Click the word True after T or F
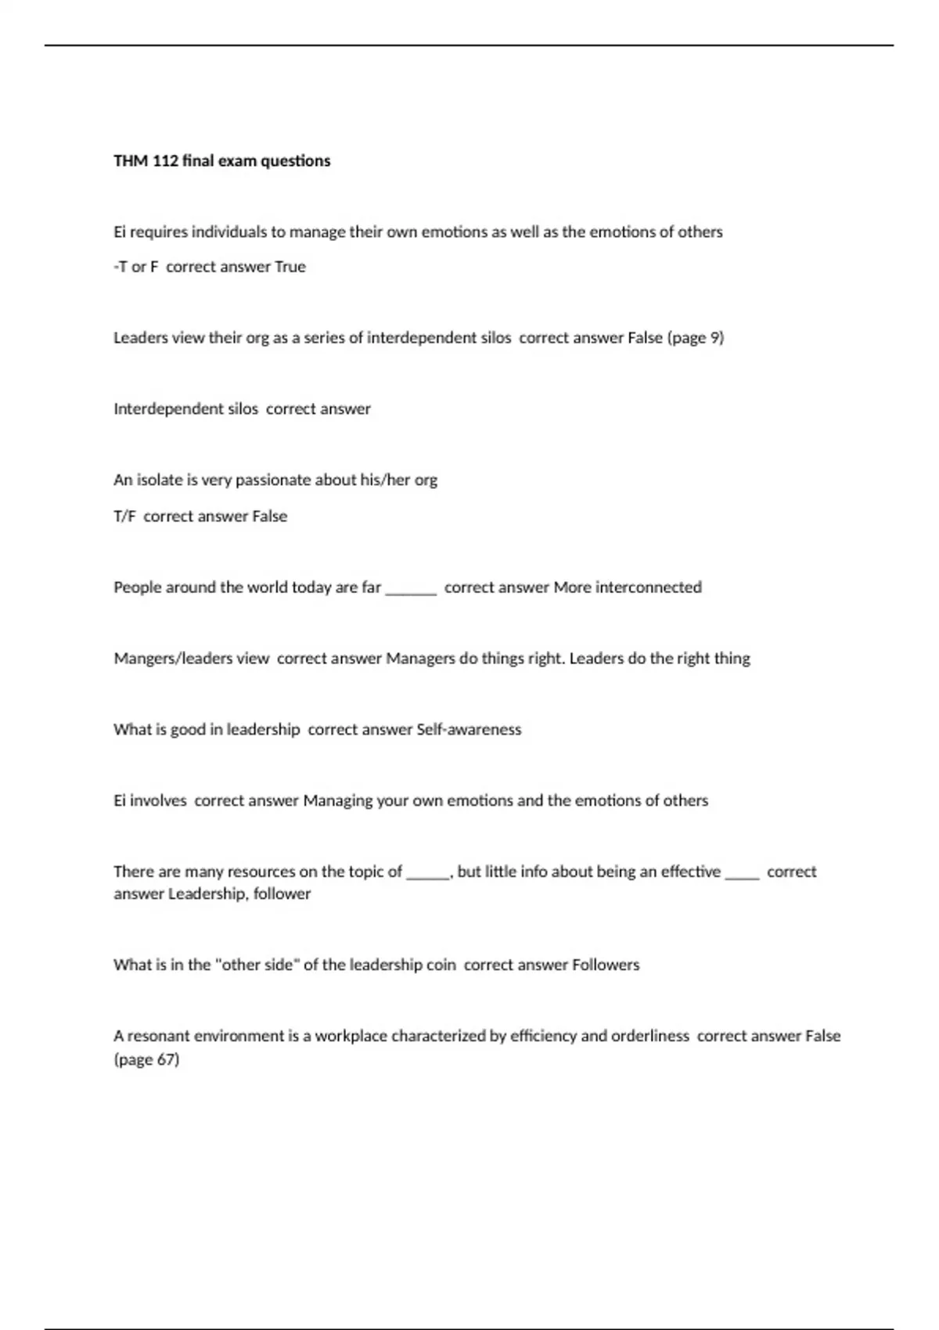tap(290, 267)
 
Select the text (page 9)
tap(696, 338)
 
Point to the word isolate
tap(160, 480)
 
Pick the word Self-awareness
tap(469, 730)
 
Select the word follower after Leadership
tap(282, 894)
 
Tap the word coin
tap(441, 965)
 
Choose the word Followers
tap(606, 965)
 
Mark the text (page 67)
tap(146, 1060)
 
